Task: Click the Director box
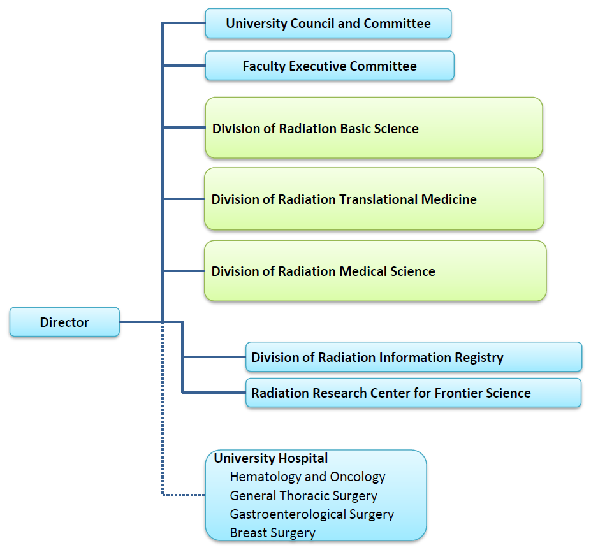pyautogui.click(x=64, y=322)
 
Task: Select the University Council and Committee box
pyautogui.click(x=328, y=24)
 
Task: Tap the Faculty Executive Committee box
pyautogui.click(x=330, y=66)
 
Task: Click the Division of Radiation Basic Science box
pyautogui.click(x=374, y=127)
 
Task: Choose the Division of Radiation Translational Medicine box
pyautogui.click(x=374, y=199)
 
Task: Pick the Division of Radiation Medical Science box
pyautogui.click(x=375, y=271)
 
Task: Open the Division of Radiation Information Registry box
pyautogui.click(x=414, y=357)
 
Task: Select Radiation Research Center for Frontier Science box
pyautogui.click(x=413, y=393)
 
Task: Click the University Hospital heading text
pyautogui.click(x=271, y=458)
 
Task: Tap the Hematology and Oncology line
pyautogui.click(x=307, y=477)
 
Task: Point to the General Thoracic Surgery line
pyautogui.click(x=303, y=495)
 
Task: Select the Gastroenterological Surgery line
pyautogui.click(x=312, y=514)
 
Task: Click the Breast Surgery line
pyautogui.click(x=273, y=532)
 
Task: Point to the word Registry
pyautogui.click(x=478, y=357)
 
